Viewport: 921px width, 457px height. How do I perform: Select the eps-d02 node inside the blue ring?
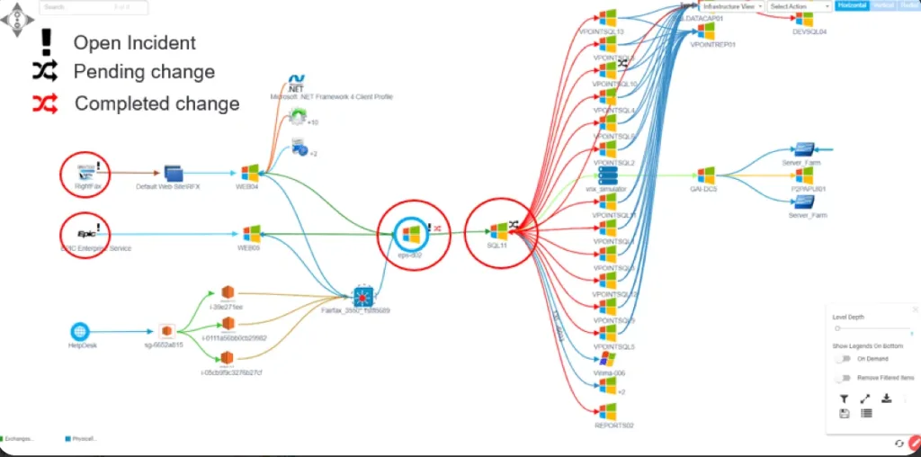coord(410,234)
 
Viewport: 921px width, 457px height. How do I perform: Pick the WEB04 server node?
coord(250,172)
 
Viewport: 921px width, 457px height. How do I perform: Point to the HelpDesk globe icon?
coord(81,331)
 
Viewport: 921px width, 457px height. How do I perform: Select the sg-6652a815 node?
coord(165,331)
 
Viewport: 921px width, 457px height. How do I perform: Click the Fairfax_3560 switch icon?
coord(362,294)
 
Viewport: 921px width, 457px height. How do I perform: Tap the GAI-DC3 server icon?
coord(706,174)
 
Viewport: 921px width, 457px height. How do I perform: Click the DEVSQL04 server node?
coord(805,19)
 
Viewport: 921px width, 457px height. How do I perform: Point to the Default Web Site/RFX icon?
coord(173,173)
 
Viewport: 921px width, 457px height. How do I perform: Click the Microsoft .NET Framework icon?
coord(298,85)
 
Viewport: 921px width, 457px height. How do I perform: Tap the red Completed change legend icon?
coord(44,103)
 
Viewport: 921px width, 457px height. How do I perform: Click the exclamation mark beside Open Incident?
coord(44,41)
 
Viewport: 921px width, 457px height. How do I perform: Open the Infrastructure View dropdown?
coord(732,6)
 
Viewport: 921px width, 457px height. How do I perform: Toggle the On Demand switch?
coord(842,358)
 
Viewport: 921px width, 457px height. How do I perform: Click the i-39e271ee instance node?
coord(227,293)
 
